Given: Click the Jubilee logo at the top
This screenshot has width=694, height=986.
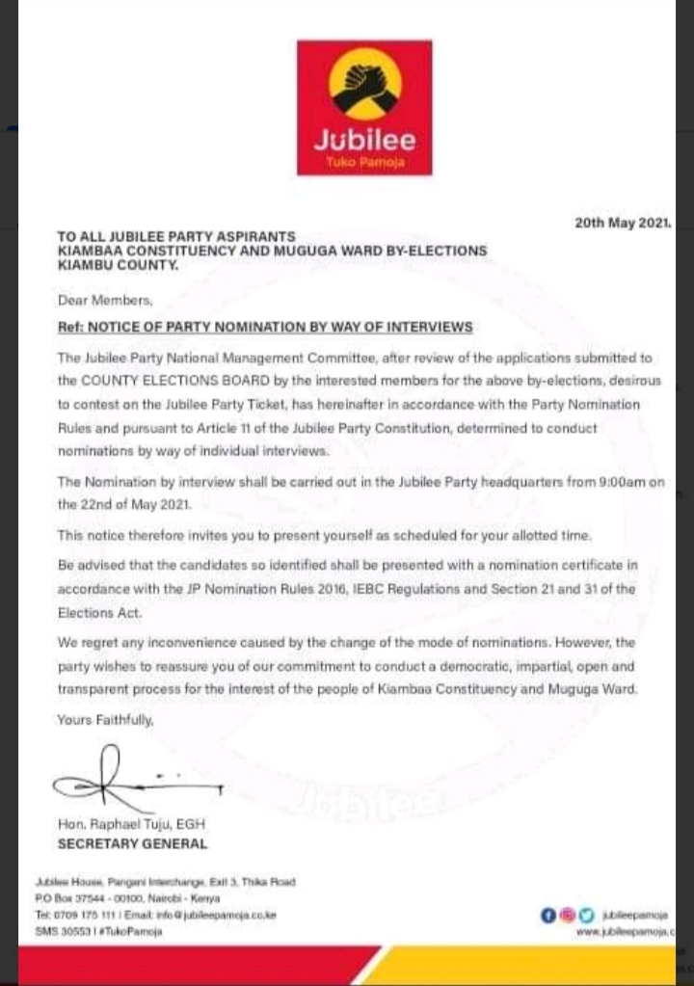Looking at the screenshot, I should coord(364,107).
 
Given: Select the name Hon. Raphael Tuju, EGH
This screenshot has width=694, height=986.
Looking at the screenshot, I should coord(131,824).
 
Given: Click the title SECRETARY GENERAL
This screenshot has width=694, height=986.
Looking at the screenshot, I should coord(132,844).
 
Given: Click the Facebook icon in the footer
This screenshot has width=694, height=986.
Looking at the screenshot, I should coord(547,916).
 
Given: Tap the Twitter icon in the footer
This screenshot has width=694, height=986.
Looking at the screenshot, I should coord(584,916).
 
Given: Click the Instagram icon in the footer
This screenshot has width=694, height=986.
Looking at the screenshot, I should coord(566,916).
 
